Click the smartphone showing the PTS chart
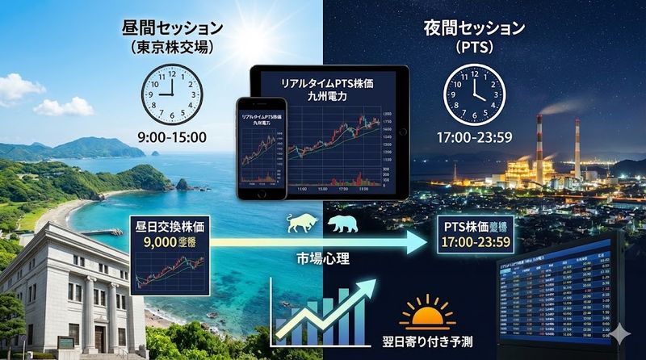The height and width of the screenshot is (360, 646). [x=260, y=150]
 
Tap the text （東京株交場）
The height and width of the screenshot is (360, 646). [x=170, y=48]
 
